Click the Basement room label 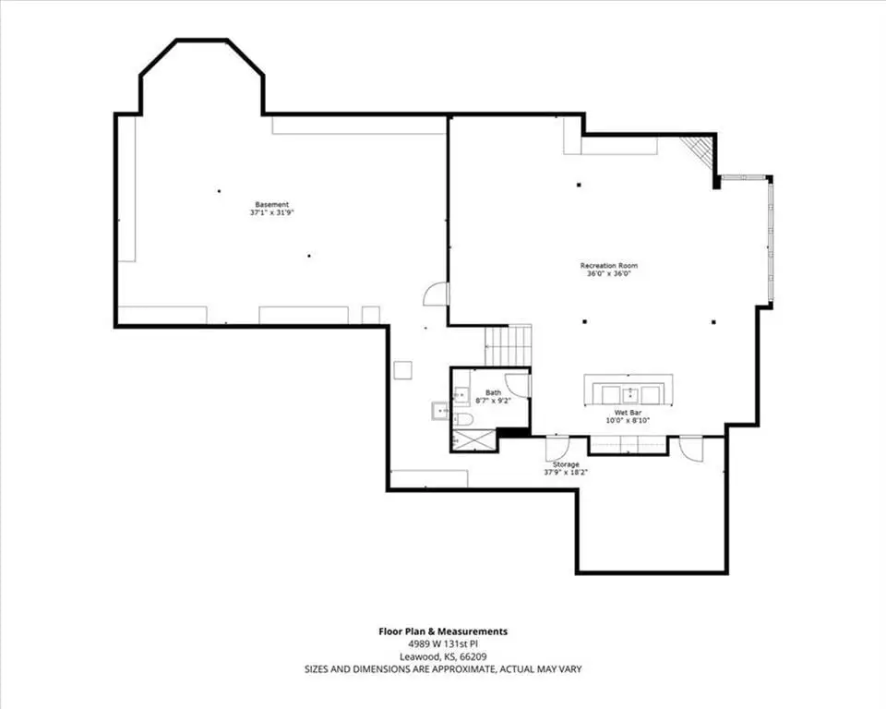(271, 205)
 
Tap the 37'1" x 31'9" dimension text (272, 213)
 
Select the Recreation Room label (609, 266)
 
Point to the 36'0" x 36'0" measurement (609, 273)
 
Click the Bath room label (493, 392)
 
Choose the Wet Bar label (628, 413)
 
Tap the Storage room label (566, 464)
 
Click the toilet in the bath (463, 420)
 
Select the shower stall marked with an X (473, 439)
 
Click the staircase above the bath (509, 345)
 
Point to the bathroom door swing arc (515, 385)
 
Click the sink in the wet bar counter (629, 393)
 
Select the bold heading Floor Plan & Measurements (443, 631)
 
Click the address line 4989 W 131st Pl (443, 644)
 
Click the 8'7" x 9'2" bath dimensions (493, 401)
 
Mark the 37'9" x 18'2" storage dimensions (566, 472)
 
